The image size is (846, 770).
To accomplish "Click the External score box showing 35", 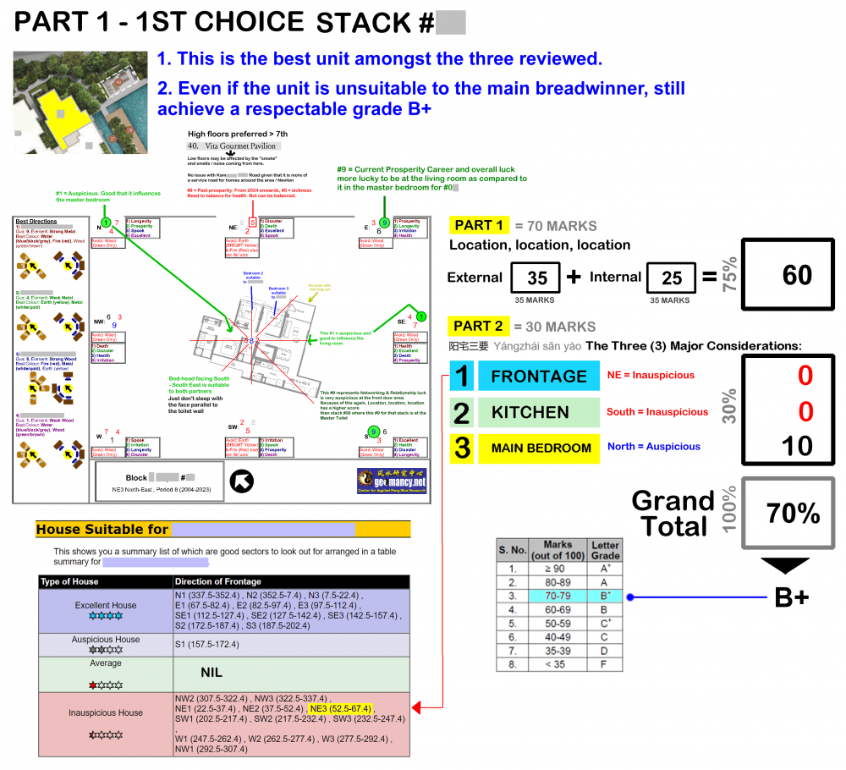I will (x=537, y=278).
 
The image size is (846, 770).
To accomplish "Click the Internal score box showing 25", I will (x=672, y=278).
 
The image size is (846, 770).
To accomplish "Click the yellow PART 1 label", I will (x=479, y=225).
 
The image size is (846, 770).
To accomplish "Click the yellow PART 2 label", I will (x=479, y=326).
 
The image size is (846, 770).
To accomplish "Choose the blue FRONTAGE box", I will (x=538, y=376).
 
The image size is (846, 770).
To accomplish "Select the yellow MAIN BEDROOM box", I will (x=538, y=448).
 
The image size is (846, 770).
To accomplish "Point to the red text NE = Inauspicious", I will (x=651, y=375).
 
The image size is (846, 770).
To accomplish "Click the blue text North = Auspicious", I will (x=653, y=447).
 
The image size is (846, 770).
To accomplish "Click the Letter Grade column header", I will (x=605, y=550).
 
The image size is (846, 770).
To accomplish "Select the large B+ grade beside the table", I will (x=792, y=597).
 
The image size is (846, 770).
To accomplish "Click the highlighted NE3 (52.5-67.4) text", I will (x=341, y=708).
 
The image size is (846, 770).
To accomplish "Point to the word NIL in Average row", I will (x=211, y=673).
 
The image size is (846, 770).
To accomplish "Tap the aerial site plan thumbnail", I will (x=80, y=102).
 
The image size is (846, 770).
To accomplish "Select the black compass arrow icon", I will (x=242, y=481).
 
